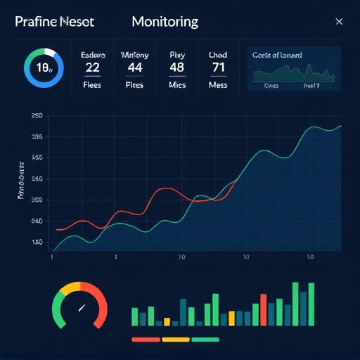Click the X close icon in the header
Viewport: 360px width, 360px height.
click(339, 22)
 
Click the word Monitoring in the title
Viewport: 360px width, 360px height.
click(165, 22)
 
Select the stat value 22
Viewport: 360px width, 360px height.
click(93, 67)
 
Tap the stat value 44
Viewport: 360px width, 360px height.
click(135, 67)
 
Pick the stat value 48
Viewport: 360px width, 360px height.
click(176, 67)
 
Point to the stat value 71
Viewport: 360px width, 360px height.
click(219, 67)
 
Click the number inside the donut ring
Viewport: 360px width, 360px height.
click(44, 68)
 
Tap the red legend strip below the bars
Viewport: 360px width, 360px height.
click(146, 339)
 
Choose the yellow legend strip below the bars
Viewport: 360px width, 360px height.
click(176, 339)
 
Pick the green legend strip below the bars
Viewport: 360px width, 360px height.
click(205, 339)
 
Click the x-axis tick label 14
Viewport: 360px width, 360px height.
click(310, 257)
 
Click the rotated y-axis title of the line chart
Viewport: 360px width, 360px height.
click(21, 184)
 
